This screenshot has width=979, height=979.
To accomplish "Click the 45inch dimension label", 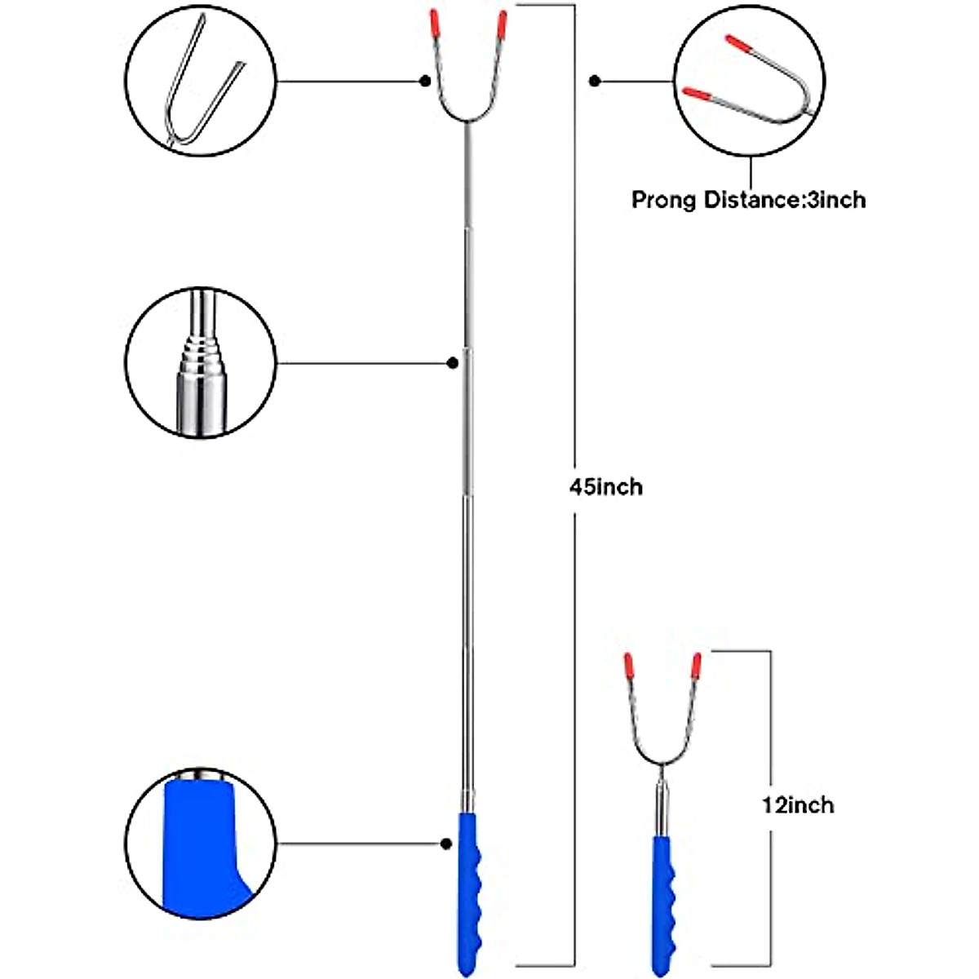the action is pyautogui.click(x=605, y=488).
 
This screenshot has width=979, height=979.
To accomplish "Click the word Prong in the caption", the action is pyautogui.click(x=663, y=200).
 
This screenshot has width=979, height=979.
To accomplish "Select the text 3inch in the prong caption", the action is pyautogui.click(x=836, y=200).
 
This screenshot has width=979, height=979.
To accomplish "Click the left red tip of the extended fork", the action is pyautogui.click(x=434, y=24).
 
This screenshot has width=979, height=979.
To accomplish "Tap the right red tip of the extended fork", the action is pyautogui.click(x=502, y=26).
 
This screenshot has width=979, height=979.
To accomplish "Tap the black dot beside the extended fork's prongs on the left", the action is pyautogui.click(x=426, y=82).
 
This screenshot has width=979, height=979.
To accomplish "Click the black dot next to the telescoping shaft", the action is pyautogui.click(x=453, y=363).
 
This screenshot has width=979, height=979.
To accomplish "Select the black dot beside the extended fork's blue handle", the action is pyautogui.click(x=446, y=844).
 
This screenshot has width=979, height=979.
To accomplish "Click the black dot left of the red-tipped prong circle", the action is pyautogui.click(x=595, y=82).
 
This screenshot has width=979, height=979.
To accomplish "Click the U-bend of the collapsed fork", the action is pyautogui.click(x=662, y=762).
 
